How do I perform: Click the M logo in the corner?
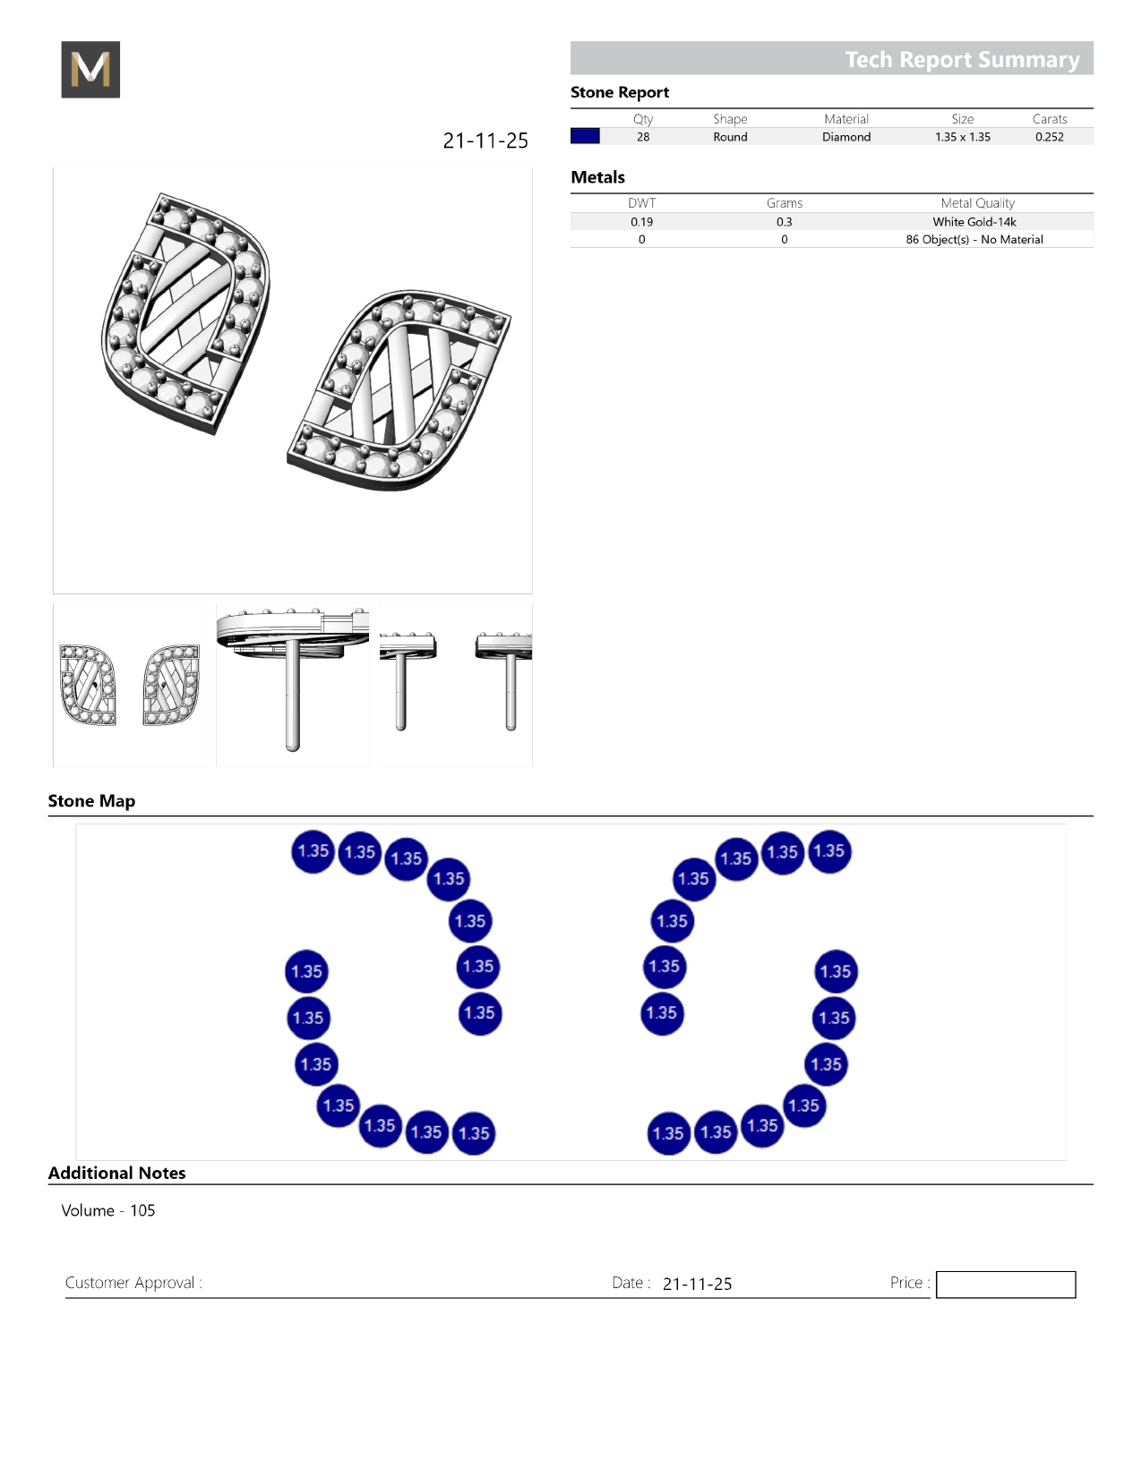[x=90, y=69]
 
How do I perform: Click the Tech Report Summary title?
[x=962, y=59]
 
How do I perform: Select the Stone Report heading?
[x=620, y=92]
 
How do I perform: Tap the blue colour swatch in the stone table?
[x=585, y=136]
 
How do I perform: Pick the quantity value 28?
[x=643, y=137]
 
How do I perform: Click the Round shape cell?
[x=730, y=137]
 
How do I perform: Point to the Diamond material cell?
[x=846, y=137]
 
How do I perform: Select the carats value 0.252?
[x=1049, y=137]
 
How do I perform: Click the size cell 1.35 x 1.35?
[x=963, y=137]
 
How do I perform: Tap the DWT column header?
[x=641, y=203]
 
